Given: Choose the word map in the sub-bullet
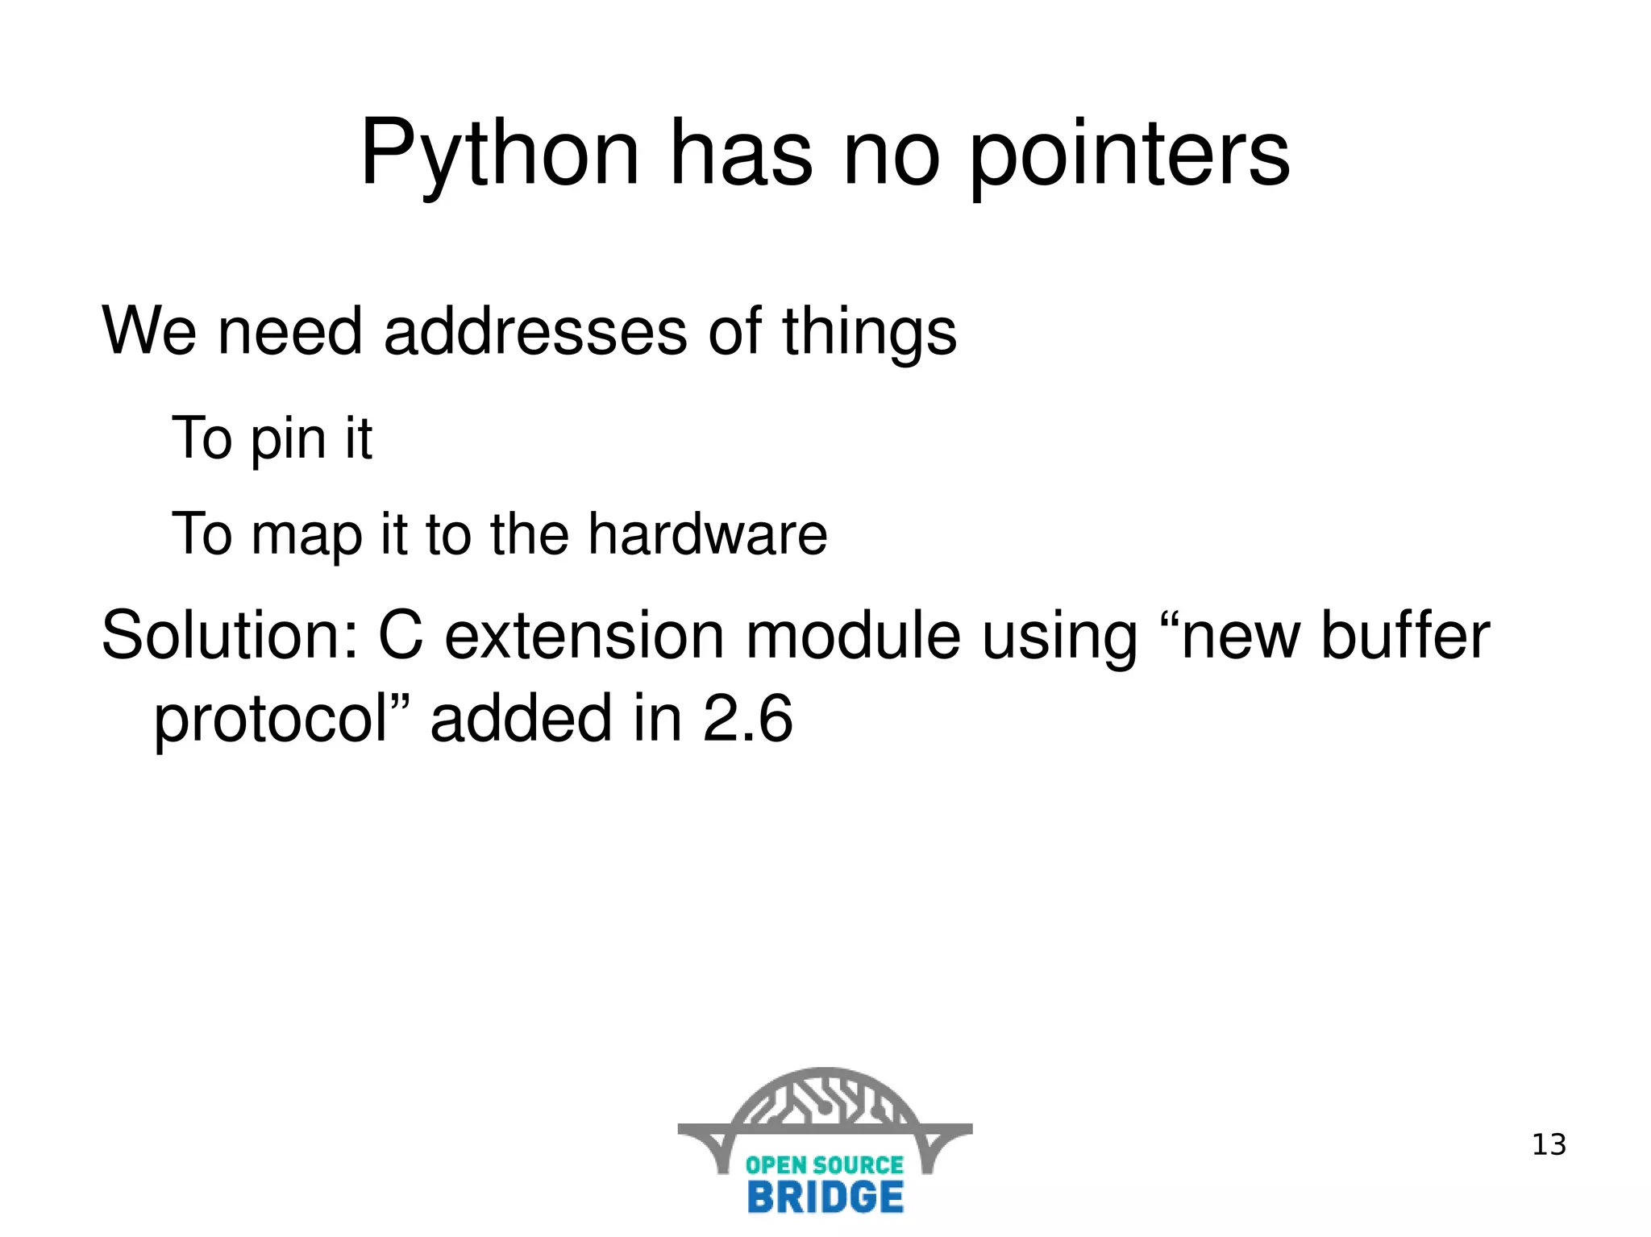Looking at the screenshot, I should [306, 536].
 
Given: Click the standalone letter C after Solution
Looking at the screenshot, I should [401, 636].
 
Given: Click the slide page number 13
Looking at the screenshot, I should [1549, 1144].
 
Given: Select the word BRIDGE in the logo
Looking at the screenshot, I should [825, 1197].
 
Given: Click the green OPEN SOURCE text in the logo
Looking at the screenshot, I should [825, 1164].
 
